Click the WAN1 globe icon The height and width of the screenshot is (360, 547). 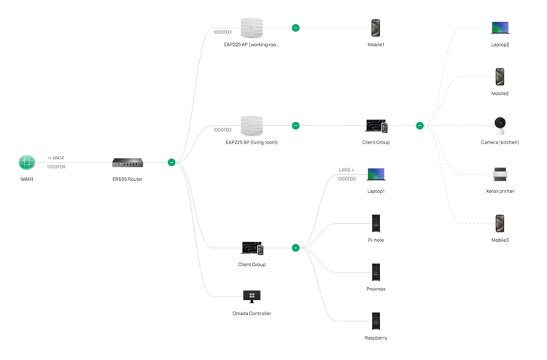[27, 162]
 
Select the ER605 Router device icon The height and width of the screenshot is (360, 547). [128, 163]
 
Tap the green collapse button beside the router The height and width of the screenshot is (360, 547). [171, 163]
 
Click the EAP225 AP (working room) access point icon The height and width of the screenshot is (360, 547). [252, 28]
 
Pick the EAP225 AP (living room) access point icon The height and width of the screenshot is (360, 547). [252, 125]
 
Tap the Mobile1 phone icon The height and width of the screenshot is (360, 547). [376, 28]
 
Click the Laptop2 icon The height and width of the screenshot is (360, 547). [500, 28]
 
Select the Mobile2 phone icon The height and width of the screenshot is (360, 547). [500, 77]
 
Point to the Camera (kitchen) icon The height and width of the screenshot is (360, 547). [500, 125]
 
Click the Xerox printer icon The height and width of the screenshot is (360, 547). [500, 174]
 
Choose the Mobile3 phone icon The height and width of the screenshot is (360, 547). [500, 223]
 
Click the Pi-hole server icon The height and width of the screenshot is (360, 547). [376, 223]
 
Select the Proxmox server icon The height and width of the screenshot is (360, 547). [376, 273]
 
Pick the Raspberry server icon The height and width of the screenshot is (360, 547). [376, 321]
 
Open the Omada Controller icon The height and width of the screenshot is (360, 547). [252, 297]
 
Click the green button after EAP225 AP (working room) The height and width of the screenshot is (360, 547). [295, 28]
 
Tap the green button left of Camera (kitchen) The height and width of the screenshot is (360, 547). [419, 125]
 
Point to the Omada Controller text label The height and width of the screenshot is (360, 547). [252, 313]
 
